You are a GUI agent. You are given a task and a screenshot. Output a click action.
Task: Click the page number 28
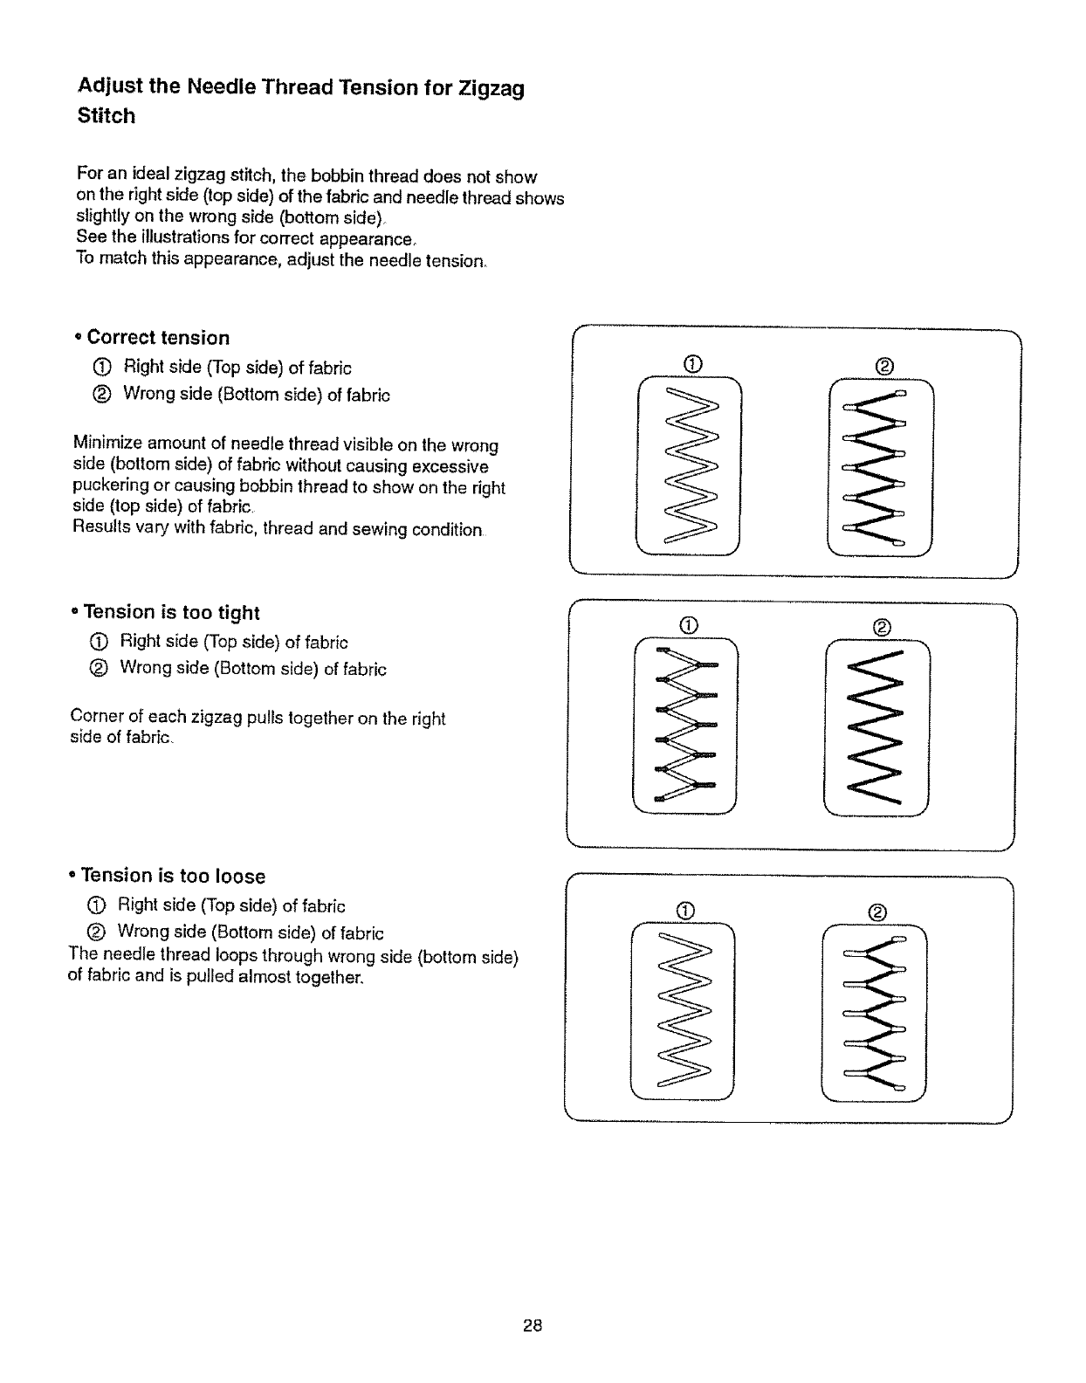pos(533,1325)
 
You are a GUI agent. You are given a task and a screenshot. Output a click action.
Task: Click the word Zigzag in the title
pos(492,88)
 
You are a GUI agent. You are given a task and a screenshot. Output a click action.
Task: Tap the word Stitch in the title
pos(107,116)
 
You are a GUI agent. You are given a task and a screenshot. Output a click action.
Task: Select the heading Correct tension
pos(158,338)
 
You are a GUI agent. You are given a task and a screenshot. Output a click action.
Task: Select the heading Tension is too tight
pos(171,612)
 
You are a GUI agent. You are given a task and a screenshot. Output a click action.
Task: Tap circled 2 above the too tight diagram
pos(881,627)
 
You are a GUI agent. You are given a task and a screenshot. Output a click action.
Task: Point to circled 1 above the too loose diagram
pos(685,912)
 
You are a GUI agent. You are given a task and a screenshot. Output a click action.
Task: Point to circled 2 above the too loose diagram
pos(878,912)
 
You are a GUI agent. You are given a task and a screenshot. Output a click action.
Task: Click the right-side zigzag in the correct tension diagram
pos(690,468)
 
